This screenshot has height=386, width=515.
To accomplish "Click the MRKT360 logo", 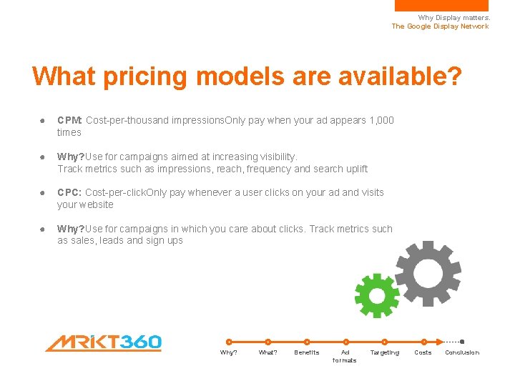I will pyautogui.click(x=104, y=343).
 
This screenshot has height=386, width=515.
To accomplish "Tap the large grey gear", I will pyautogui.click(x=428, y=274).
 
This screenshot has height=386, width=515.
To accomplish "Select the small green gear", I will pyautogui.click(x=377, y=295).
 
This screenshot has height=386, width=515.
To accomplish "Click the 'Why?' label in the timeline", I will pyautogui.click(x=229, y=352).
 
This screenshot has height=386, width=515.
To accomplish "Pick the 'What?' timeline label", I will pyautogui.click(x=268, y=352).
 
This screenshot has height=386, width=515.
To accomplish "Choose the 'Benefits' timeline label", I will pyautogui.click(x=307, y=352).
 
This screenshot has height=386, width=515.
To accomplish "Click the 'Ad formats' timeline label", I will pyautogui.click(x=345, y=356).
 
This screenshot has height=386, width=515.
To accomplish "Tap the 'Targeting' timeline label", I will pyautogui.click(x=384, y=352).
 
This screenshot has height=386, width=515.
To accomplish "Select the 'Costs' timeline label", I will pyautogui.click(x=423, y=352).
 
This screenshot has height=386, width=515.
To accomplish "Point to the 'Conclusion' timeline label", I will pyautogui.click(x=462, y=352).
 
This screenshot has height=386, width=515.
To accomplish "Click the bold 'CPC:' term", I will pyautogui.click(x=69, y=192).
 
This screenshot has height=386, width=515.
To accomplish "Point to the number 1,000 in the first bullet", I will pyautogui.click(x=381, y=120).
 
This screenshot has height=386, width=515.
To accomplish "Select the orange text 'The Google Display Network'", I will pyautogui.click(x=440, y=26).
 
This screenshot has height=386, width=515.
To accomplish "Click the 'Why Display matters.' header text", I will pyautogui.click(x=453, y=18).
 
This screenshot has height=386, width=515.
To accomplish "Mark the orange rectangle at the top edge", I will pyautogui.click(x=441, y=5).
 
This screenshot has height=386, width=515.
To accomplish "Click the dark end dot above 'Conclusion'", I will pyautogui.click(x=462, y=342).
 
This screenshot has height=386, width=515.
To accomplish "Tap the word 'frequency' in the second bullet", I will pyautogui.click(x=271, y=169).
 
